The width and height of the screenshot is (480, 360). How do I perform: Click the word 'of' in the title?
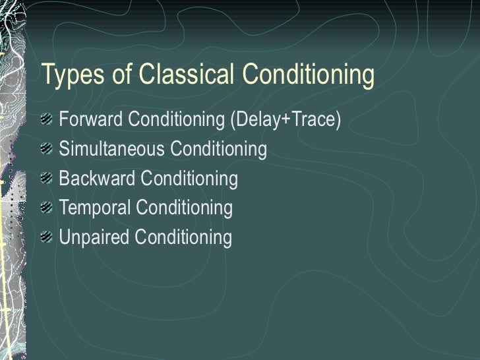(123, 76)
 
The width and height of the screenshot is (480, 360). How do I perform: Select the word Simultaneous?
(112, 150)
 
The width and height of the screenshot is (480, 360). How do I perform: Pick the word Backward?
(97, 179)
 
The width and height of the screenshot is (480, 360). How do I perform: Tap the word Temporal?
(95, 208)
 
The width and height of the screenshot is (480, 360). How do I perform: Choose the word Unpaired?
(94, 237)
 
